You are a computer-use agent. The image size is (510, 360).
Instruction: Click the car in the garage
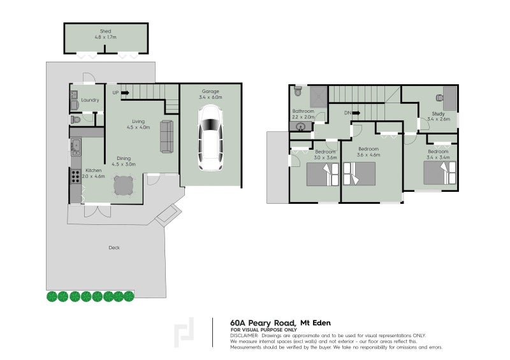point(210,138)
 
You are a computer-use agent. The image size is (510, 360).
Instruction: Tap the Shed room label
point(105,31)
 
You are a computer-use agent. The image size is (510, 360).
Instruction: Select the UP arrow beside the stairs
point(125,93)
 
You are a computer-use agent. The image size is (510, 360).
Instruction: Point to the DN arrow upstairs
point(356,113)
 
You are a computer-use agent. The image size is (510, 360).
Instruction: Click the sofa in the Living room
point(166,136)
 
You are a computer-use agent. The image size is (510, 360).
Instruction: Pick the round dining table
point(124,186)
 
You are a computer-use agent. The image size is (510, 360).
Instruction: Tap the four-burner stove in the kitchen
point(75,176)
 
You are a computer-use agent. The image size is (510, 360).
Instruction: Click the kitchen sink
point(76,147)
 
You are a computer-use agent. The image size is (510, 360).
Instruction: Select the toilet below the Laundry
point(75,120)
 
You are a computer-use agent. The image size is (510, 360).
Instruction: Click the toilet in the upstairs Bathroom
point(298,91)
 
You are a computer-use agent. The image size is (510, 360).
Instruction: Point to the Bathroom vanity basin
point(300,126)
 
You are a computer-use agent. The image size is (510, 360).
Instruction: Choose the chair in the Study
point(439,98)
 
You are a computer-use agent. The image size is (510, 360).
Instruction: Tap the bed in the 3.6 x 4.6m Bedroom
point(360,174)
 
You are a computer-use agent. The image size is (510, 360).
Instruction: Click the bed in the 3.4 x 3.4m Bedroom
point(440,173)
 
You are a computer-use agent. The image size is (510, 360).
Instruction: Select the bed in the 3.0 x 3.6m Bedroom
point(323,175)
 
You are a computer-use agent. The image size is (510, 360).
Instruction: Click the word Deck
point(114,248)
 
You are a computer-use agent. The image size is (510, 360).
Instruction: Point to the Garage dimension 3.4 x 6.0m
point(210,97)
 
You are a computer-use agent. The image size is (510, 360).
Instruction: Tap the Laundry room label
point(90,100)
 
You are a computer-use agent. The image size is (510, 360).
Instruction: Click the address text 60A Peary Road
point(263,323)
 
